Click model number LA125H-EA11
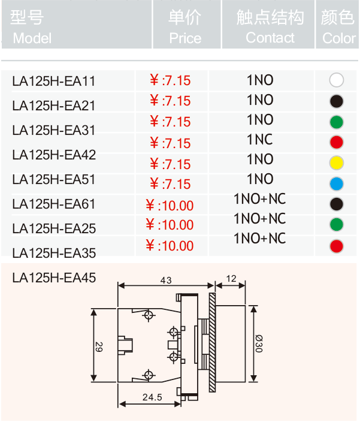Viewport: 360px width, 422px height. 54,82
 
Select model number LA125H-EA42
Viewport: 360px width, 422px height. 54,155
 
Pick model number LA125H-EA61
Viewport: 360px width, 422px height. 54,204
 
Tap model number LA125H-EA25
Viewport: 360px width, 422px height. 54,228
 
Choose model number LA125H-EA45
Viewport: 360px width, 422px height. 54,278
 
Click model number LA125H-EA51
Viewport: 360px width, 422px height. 54,179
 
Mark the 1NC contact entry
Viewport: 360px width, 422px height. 260,140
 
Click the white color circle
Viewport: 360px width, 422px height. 337,80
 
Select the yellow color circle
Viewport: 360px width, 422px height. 337,163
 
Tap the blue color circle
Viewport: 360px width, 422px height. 337,184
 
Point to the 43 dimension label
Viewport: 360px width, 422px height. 166,281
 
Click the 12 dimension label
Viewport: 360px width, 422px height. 231,279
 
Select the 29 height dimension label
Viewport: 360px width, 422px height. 99,347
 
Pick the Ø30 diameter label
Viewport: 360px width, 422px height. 259,343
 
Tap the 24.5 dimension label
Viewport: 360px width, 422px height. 152,397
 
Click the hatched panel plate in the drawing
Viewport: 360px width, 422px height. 212,343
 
